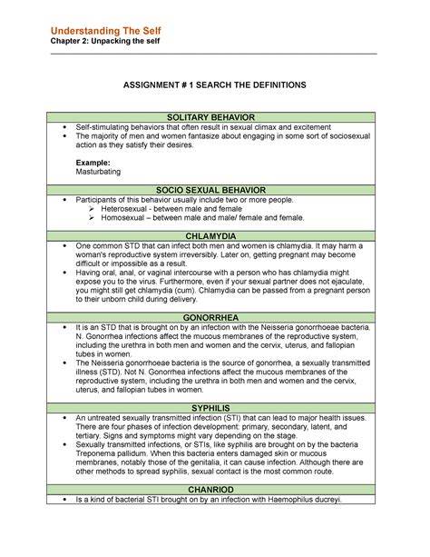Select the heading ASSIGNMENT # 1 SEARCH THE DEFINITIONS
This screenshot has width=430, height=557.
pos(215,84)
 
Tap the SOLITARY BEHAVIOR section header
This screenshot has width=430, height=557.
pos(215,117)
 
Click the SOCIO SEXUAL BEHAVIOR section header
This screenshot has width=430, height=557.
pos(215,189)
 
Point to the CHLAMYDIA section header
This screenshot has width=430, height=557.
pos(215,236)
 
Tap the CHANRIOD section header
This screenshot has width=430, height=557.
pos(215,489)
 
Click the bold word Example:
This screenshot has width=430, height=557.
pos(94,161)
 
